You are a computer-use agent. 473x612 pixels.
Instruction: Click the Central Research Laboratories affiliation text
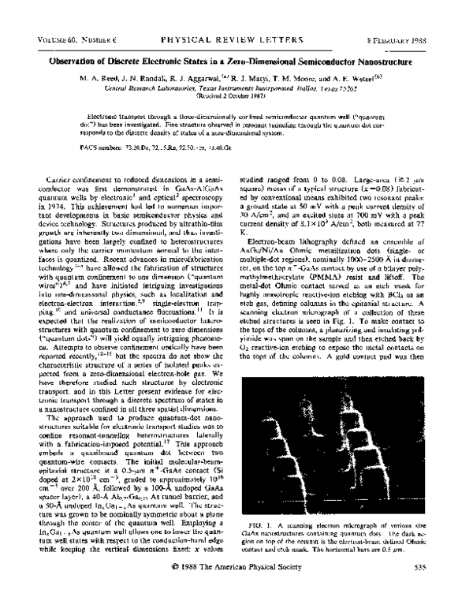coord(154,88)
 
